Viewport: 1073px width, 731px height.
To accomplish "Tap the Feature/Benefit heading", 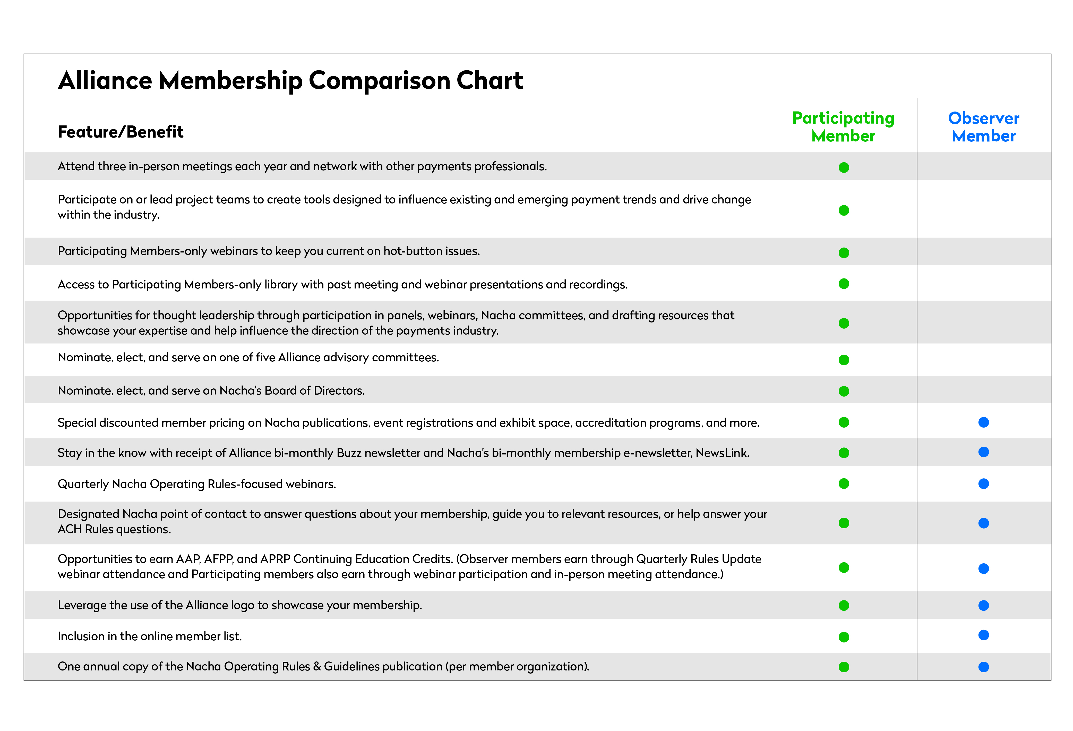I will pos(121,132).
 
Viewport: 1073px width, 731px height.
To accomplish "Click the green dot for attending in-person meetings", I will pos(844,168).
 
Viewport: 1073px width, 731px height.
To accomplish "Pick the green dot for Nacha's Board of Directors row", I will pos(844,392).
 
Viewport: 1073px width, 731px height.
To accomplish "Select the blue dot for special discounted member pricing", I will pos(983,422).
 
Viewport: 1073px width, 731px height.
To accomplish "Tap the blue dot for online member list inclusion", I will pos(983,635).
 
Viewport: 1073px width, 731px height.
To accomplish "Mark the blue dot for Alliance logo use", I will pos(983,605).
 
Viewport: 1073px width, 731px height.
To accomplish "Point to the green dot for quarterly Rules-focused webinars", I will pos(844,483).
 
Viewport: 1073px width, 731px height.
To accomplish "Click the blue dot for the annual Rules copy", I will pos(983,667).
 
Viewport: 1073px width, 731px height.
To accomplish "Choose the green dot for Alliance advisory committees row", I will pos(844,360).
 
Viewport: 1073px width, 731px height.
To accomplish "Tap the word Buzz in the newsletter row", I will pos(349,453).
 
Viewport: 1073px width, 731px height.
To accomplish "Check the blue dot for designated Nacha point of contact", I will pos(983,523).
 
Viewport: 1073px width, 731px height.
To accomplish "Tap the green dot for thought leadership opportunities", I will pos(844,323).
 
